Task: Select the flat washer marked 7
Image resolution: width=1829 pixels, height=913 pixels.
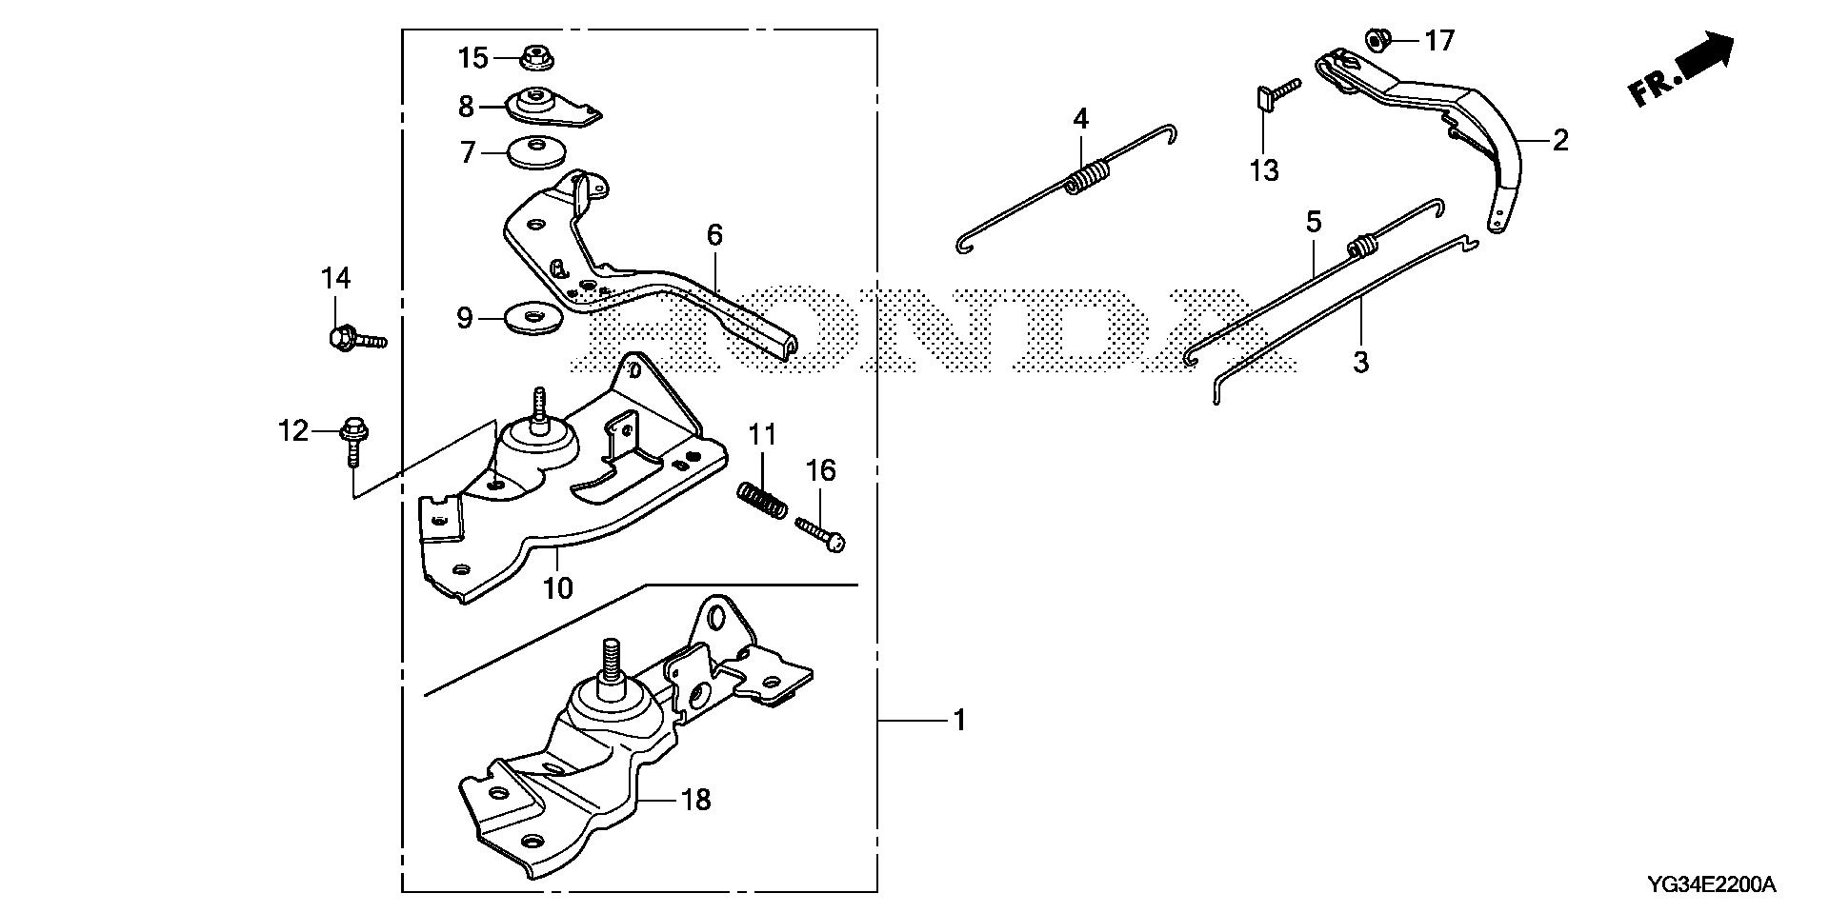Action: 537,152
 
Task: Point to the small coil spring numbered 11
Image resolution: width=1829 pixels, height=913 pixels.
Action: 762,500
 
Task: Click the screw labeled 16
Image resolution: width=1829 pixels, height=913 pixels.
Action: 821,533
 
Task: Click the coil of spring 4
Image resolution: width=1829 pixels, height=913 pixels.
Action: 1088,178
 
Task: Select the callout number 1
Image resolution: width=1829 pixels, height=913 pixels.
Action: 959,721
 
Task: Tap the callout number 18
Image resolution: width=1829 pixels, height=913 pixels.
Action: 697,799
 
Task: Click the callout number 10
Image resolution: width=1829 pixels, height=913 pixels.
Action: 558,587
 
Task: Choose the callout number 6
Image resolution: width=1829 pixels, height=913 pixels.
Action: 714,234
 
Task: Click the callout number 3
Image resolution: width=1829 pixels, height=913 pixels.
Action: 1361,362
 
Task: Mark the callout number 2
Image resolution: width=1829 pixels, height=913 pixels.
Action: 1559,141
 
